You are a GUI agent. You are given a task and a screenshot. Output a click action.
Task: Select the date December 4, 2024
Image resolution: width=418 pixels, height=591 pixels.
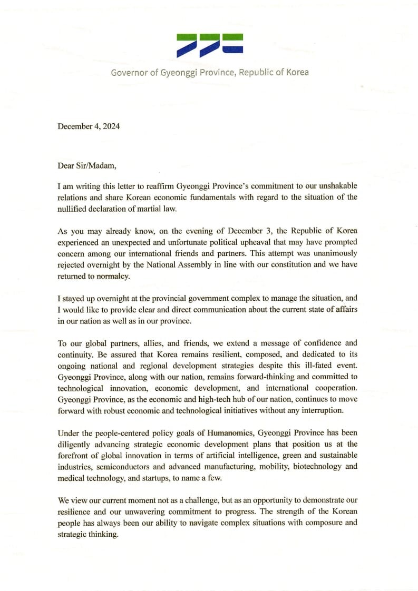click(89, 126)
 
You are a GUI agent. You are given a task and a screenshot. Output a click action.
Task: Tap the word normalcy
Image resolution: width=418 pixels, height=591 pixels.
click(113, 275)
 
